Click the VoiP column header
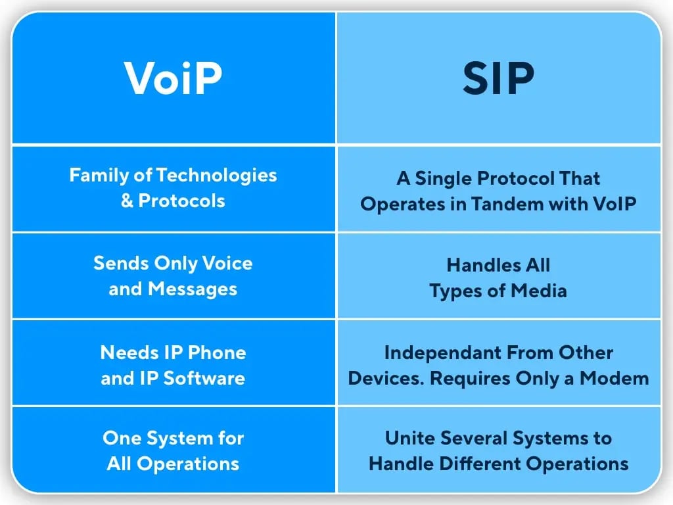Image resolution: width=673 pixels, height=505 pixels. [173, 79]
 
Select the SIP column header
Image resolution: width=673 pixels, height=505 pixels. [498, 79]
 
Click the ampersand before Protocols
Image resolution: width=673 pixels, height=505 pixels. [126, 201]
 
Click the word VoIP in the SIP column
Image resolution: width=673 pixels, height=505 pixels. [615, 204]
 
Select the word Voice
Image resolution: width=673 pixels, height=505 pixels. [227, 263]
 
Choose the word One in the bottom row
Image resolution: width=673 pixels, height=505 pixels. [120, 438]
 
